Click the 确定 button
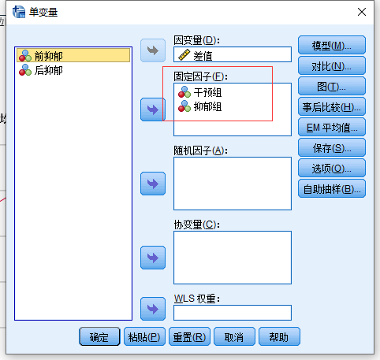(99, 336)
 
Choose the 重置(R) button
(189, 336)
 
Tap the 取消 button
(234, 336)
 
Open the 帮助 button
(279, 336)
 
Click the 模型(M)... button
(332, 46)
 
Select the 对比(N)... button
(332, 66)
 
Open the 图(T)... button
(332, 87)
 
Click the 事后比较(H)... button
(332, 107)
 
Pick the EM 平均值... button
(332, 128)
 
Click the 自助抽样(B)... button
(332, 189)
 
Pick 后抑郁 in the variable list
(41, 70)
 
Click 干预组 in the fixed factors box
(200, 92)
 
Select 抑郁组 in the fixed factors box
(200, 106)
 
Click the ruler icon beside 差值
(184, 55)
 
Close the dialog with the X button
(362, 12)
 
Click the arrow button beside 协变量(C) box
(153, 258)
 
